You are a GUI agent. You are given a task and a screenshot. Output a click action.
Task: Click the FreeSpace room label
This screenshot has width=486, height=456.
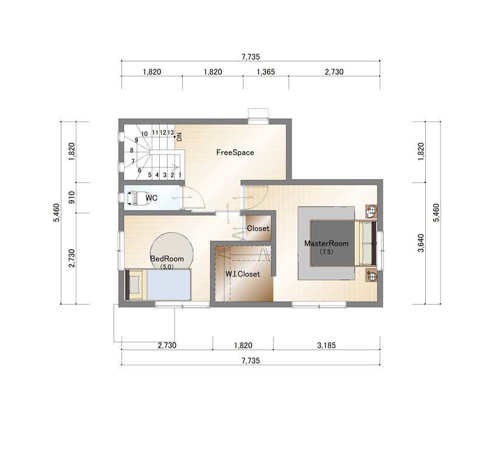pyautogui.click(x=235, y=153)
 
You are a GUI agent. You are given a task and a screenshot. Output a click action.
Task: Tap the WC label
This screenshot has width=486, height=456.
pyautogui.click(x=151, y=198)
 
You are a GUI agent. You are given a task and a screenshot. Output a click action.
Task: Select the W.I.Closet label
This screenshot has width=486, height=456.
pyautogui.click(x=242, y=274)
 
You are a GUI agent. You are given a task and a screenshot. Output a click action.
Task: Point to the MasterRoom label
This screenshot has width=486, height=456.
pyautogui.click(x=326, y=244)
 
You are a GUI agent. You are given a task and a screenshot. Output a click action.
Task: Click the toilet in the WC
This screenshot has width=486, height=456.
pyautogui.click(x=139, y=198)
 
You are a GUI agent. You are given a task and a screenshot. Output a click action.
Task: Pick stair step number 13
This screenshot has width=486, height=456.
pyautogui.click(x=171, y=133)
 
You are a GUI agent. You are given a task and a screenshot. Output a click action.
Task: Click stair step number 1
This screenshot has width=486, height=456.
pyautogui.click(x=180, y=175)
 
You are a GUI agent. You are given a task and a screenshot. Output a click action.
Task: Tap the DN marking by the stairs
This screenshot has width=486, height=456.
pyautogui.click(x=179, y=137)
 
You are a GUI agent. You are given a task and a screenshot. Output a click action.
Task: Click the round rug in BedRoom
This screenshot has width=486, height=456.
pyautogui.click(x=172, y=251)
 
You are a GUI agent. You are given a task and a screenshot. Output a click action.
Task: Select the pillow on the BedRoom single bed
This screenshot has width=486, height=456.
pyautogui.click(x=134, y=284)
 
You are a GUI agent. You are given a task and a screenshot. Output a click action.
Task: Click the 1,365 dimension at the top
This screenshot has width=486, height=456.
pyautogui.click(x=266, y=72)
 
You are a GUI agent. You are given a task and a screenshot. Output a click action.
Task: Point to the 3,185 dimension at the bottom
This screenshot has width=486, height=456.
pyautogui.click(x=326, y=345)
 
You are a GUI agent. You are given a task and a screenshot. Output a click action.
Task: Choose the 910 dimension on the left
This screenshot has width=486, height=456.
pyautogui.click(x=72, y=197)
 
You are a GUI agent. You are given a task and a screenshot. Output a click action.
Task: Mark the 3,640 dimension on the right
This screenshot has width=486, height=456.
pyautogui.click(x=420, y=243)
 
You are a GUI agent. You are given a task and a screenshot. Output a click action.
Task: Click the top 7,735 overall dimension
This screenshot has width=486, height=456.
pyautogui.click(x=250, y=57)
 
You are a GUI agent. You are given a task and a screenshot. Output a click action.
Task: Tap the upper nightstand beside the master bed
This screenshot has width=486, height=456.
pyautogui.click(x=371, y=212)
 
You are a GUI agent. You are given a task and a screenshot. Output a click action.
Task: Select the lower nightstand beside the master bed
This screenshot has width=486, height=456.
pyautogui.click(x=371, y=275)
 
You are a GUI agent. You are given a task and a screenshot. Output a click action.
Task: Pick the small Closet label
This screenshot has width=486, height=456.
pyautogui.click(x=258, y=229)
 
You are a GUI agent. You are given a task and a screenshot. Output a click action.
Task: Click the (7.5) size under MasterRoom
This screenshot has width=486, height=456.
pyautogui.click(x=326, y=252)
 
